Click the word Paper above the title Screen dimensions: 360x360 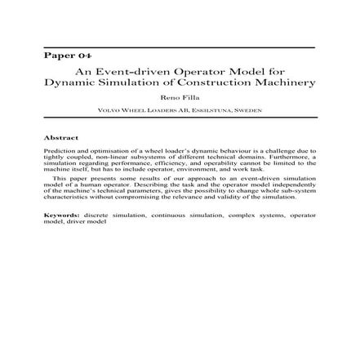click(57, 58)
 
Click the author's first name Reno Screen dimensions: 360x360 click(171, 96)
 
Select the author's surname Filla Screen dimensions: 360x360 click(188, 96)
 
